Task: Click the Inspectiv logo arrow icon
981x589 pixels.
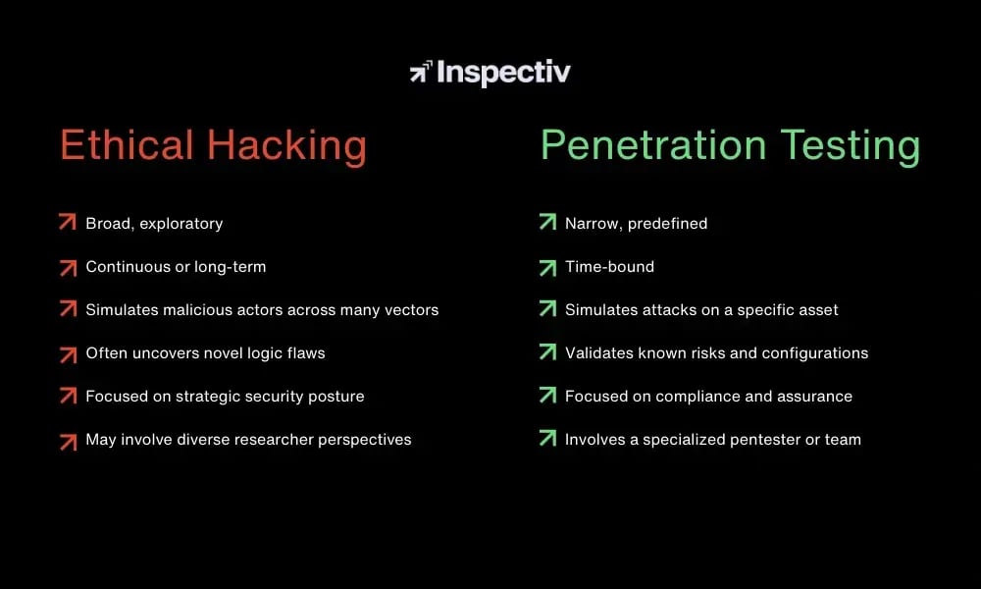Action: coord(421,72)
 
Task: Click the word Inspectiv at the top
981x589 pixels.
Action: coord(503,73)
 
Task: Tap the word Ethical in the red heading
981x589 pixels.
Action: coord(127,146)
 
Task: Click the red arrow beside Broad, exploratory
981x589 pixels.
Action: coord(67,223)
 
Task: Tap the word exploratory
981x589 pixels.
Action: coord(181,224)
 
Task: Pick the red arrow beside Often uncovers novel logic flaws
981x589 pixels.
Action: coord(67,352)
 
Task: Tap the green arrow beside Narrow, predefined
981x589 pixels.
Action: coord(547,223)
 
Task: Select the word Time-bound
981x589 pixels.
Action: coord(609,267)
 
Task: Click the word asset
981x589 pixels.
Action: coord(817,310)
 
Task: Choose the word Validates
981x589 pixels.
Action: coord(599,353)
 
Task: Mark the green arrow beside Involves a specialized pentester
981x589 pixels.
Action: coord(547,439)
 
